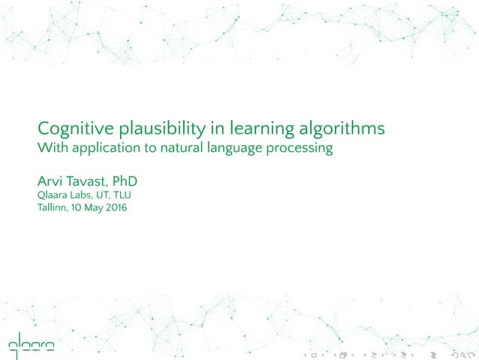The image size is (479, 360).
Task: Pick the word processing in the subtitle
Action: pos(302,148)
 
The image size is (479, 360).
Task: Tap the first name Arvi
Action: pos(50,182)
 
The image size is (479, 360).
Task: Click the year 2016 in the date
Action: pos(115,208)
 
